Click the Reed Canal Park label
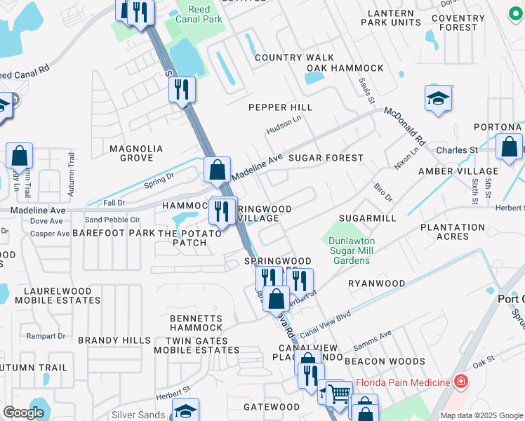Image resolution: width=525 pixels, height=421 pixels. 206,14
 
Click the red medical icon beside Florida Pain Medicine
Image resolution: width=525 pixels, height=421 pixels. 461,382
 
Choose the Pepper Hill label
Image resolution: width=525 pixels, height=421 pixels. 280,107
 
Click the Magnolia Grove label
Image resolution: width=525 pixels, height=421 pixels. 136,153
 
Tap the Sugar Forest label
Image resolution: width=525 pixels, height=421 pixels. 326,158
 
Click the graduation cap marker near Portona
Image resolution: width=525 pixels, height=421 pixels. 438,99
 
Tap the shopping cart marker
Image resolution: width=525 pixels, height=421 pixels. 340,394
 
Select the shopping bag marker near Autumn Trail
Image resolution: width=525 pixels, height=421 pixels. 20,156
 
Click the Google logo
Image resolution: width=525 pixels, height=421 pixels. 23,413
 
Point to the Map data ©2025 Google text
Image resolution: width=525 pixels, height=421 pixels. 481,415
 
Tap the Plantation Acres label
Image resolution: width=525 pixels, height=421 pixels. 453,232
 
